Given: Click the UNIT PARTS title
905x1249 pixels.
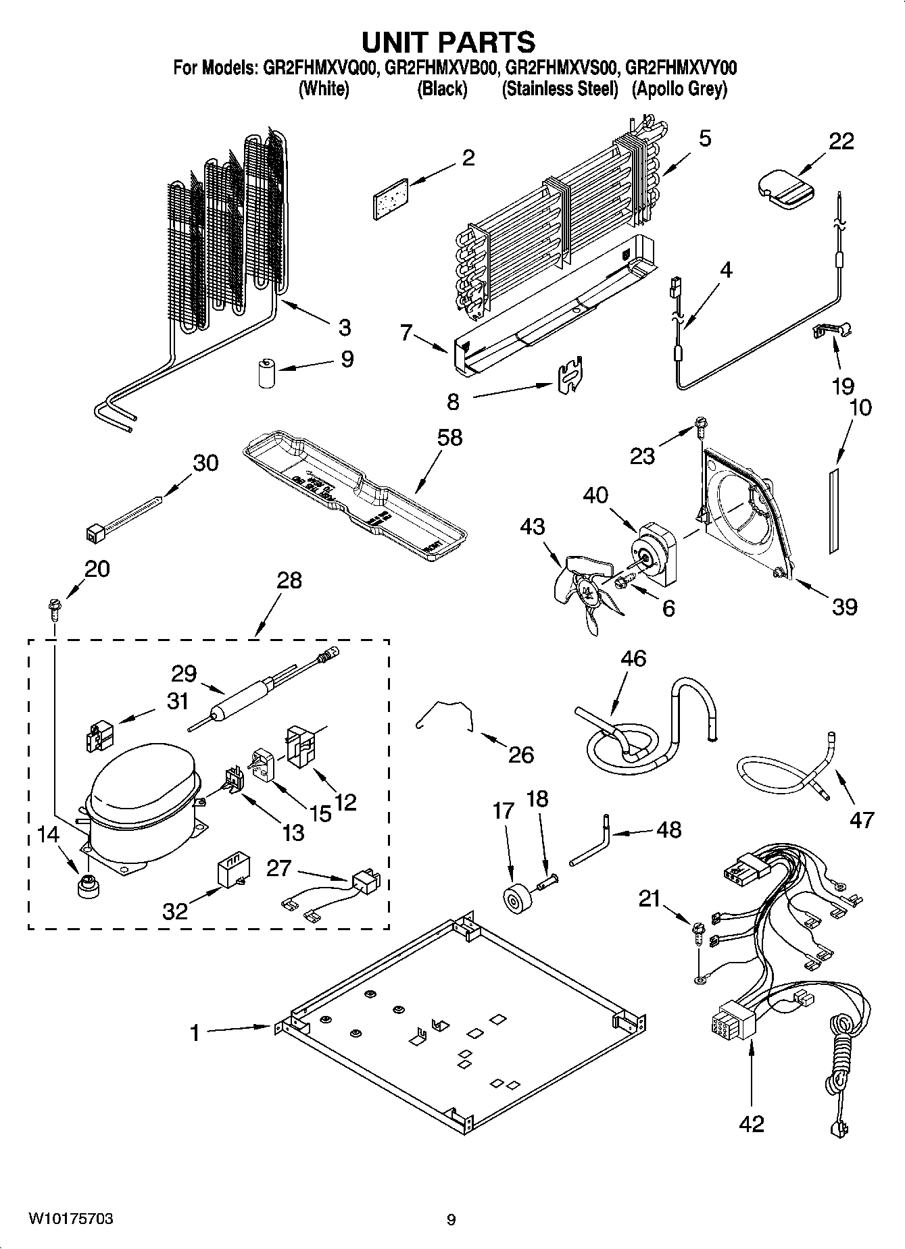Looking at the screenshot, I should click(448, 42).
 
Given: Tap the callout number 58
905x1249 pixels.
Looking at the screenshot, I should click(449, 437).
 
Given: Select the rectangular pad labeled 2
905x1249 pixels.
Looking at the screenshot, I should click(391, 199).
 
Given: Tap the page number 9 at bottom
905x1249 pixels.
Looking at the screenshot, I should click(451, 1219).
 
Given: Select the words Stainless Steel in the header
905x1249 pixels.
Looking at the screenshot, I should click(560, 88).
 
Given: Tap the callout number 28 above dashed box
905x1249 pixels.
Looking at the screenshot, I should click(289, 580).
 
